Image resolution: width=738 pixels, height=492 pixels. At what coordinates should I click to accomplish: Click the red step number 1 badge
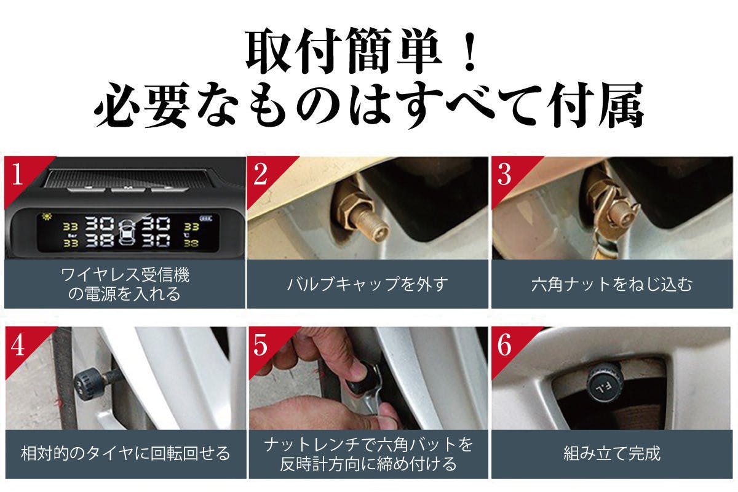(17, 174)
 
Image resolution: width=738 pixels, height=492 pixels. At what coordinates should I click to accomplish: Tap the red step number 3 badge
(505, 175)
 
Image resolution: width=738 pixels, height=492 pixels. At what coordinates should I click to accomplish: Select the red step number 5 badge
(261, 345)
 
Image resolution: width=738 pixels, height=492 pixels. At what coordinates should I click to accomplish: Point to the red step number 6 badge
(505, 345)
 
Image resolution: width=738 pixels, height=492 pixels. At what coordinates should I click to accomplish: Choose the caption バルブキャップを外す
(368, 284)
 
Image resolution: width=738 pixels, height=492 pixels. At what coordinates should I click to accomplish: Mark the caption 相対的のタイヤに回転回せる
(125, 454)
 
